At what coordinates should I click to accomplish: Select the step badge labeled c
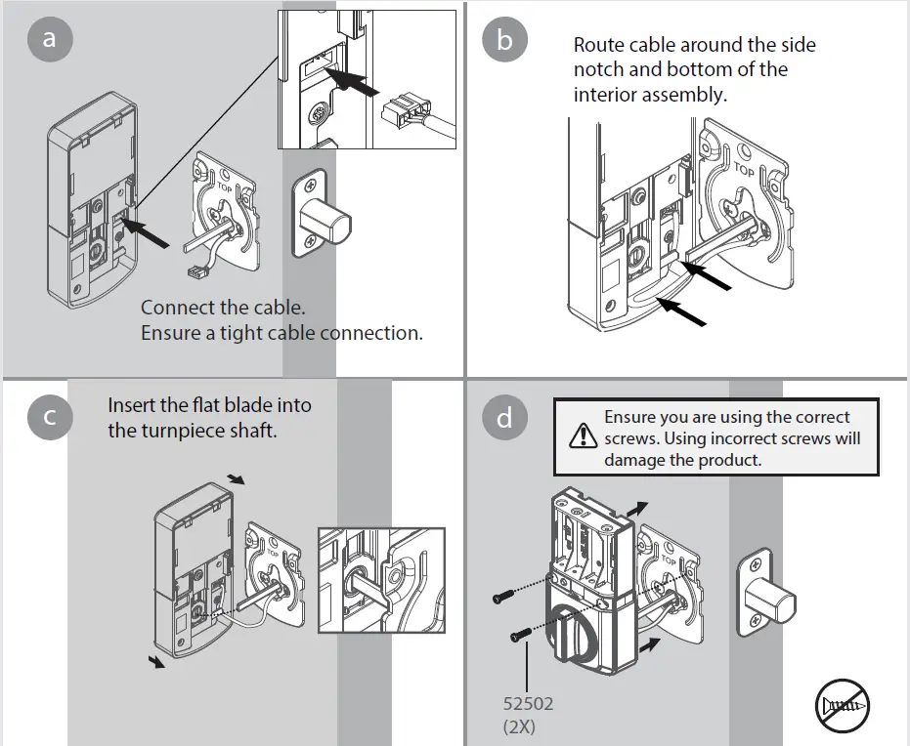47,417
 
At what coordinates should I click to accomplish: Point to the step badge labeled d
504,417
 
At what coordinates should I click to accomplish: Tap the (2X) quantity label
520,727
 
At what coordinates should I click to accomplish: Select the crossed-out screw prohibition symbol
842,703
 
